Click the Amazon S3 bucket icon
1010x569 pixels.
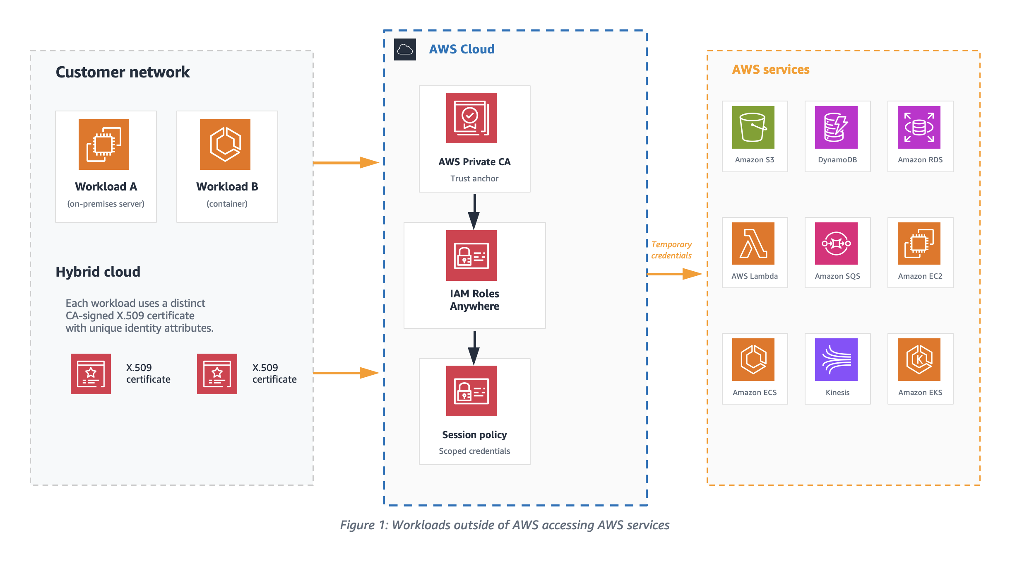(753, 127)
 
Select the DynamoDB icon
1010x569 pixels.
(836, 127)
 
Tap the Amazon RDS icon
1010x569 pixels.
(919, 127)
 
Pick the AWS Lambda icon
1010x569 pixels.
(753, 244)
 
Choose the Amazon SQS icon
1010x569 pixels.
(836, 244)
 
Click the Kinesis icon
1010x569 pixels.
(836, 359)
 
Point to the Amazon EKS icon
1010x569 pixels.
(919, 359)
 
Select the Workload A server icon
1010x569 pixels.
(104, 145)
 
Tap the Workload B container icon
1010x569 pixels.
(225, 145)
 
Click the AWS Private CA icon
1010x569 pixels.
(471, 118)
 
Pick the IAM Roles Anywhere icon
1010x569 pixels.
(471, 256)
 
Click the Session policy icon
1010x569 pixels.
(471, 391)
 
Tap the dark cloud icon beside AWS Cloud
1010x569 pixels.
(405, 50)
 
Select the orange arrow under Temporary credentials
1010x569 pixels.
(675, 274)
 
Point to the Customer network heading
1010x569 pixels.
(123, 72)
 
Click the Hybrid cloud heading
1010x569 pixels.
(98, 272)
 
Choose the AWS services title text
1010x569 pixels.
(771, 69)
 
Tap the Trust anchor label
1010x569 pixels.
(474, 178)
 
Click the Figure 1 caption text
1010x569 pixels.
(505, 525)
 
